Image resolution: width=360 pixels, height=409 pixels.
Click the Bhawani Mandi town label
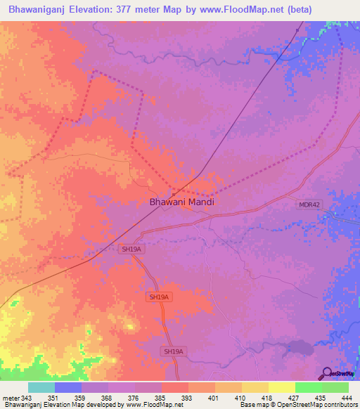pos(181,202)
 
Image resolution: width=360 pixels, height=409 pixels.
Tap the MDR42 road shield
pos(309,204)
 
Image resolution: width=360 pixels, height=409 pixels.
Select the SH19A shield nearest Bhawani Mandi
pos(131,249)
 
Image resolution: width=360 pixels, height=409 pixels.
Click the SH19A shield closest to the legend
pos(173,351)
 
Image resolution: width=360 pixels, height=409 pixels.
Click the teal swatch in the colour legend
pos(41,387)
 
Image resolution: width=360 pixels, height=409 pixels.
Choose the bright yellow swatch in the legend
pos(281,387)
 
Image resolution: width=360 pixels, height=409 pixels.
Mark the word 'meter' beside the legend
pos(10,398)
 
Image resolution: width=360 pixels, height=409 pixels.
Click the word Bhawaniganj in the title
pos(37,10)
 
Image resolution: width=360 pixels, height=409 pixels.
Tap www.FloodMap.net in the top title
pos(236,10)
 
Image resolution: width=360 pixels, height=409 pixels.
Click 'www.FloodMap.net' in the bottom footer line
pos(152,405)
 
